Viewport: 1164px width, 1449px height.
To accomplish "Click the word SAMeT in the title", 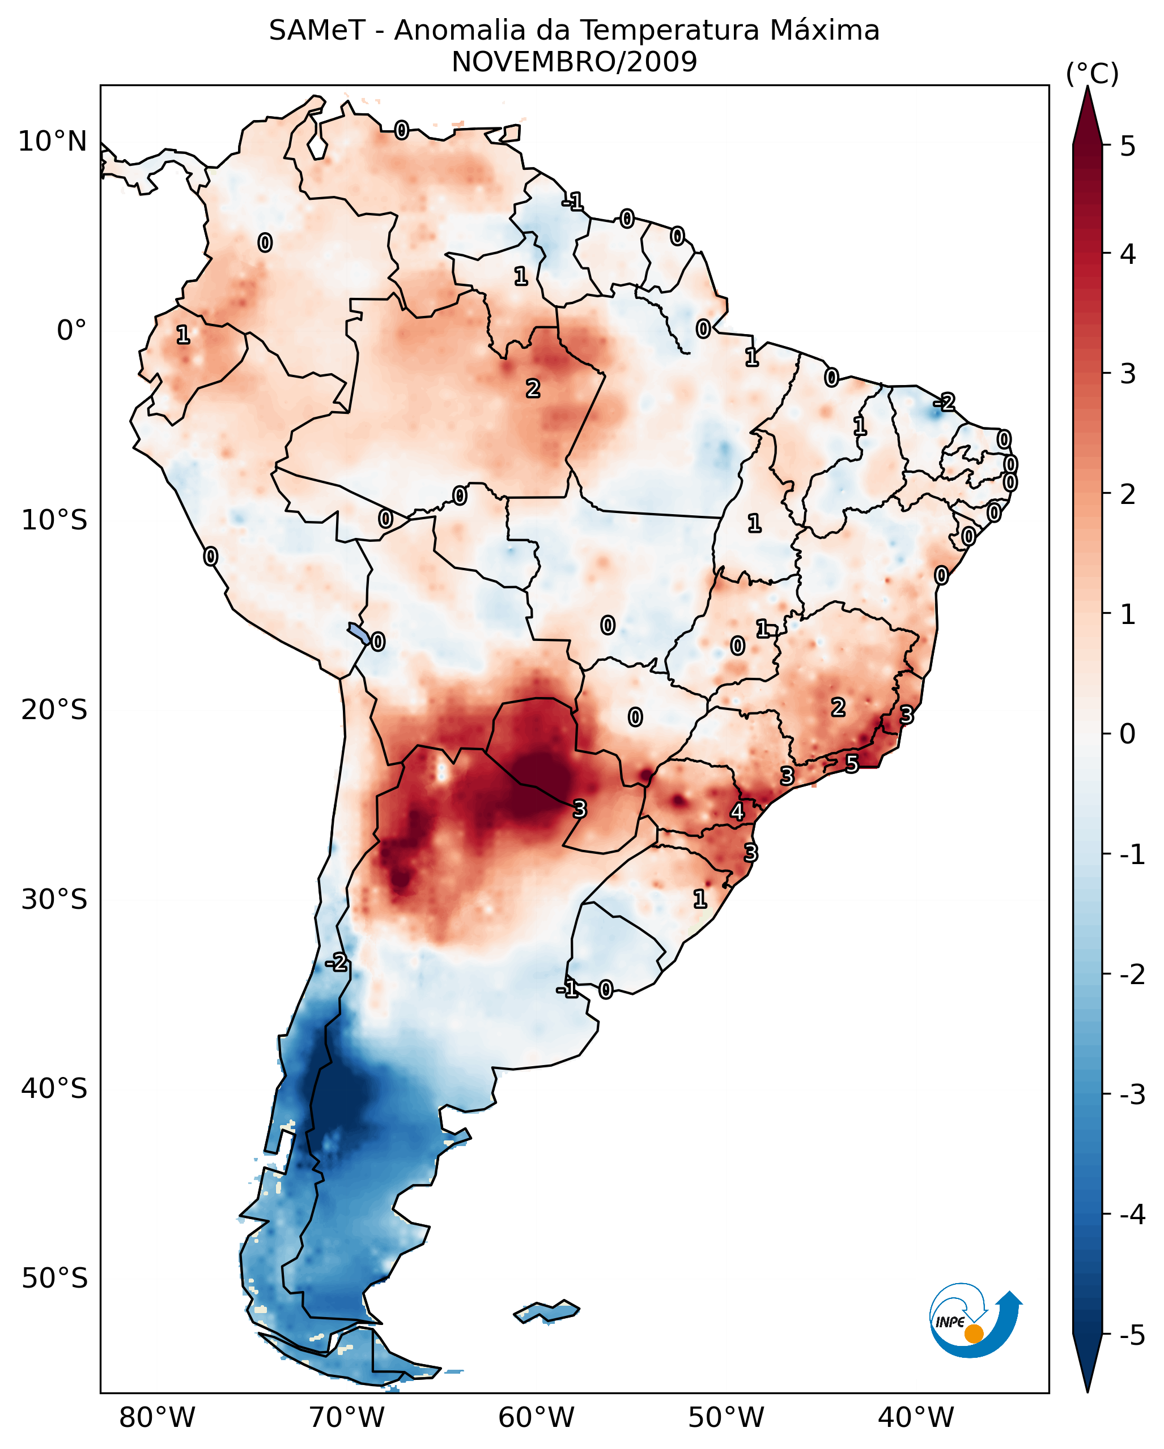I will (317, 31).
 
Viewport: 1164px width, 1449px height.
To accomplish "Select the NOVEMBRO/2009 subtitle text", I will (573, 62).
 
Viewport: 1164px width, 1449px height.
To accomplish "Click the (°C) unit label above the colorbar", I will (1092, 74).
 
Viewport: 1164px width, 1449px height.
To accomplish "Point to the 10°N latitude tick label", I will (53, 142).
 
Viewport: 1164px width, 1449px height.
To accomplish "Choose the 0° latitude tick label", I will (71, 331).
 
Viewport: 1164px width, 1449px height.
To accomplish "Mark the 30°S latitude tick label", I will (54, 899).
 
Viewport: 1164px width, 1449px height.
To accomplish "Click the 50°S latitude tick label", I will (54, 1279).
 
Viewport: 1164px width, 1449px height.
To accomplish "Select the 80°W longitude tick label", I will (156, 1417).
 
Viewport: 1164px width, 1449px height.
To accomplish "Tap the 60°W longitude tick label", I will (536, 1417).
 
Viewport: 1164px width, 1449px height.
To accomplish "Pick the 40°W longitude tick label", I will (915, 1417).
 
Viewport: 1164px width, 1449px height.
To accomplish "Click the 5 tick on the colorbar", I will (1128, 146).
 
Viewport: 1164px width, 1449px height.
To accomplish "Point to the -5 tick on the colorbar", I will (1132, 1335).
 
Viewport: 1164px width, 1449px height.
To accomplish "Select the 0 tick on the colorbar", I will (1128, 733).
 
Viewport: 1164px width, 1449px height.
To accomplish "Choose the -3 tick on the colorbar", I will (1132, 1095).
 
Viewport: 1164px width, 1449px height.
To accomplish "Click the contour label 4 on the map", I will (737, 812).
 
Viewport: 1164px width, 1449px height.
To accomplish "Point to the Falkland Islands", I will (546, 1311).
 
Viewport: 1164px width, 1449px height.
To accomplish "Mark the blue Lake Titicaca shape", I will (358, 633).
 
